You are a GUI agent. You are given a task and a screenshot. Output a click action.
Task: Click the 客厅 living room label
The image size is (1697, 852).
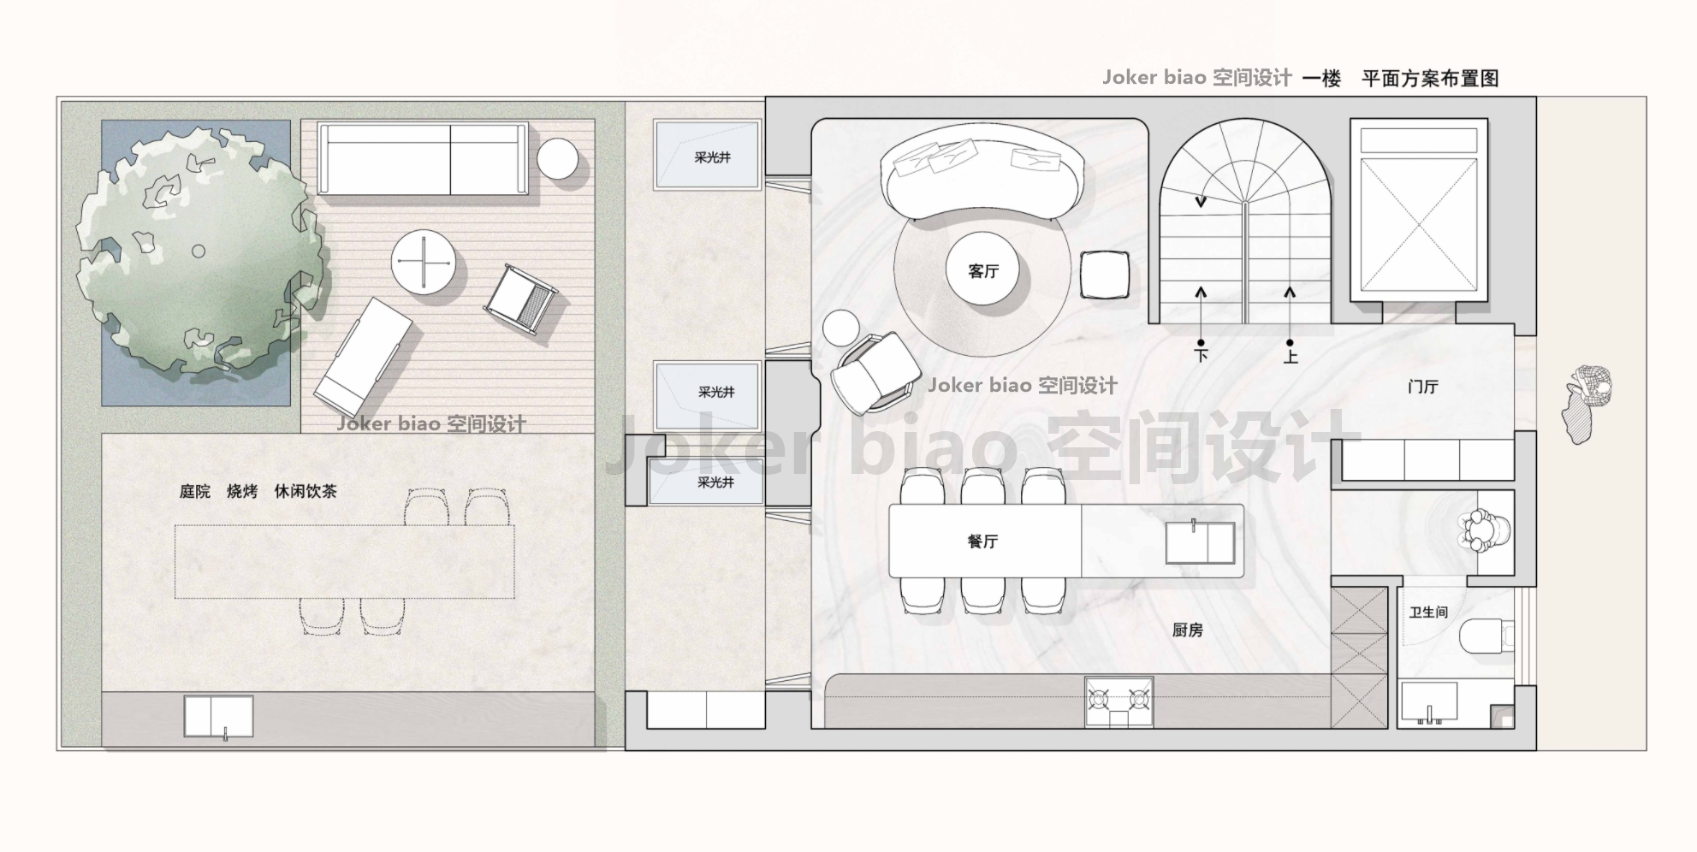click(x=983, y=271)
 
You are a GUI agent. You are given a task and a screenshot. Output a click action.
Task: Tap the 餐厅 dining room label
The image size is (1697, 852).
click(x=982, y=541)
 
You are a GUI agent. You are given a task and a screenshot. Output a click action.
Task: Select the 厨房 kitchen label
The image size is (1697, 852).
click(x=1187, y=630)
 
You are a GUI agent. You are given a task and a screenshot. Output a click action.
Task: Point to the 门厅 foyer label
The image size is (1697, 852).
click(x=1422, y=387)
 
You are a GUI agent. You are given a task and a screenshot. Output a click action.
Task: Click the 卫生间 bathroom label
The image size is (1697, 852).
click(x=1428, y=612)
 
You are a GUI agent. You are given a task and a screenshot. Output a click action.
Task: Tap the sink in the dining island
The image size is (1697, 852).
click(x=1200, y=542)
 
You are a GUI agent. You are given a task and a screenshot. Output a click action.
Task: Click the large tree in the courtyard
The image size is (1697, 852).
click(x=201, y=252)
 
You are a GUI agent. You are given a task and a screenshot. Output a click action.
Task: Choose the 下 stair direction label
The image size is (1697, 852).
click(x=1201, y=354)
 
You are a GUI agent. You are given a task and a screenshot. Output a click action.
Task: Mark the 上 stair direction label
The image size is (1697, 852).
click(x=1290, y=356)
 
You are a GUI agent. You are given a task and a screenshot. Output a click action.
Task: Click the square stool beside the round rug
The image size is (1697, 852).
click(x=1104, y=275)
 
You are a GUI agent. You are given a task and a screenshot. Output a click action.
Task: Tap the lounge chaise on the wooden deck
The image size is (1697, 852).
click(x=363, y=352)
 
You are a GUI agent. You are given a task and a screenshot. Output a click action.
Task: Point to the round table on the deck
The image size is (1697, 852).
click(x=423, y=262)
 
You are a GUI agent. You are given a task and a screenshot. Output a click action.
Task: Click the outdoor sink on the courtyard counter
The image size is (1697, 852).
click(x=219, y=717)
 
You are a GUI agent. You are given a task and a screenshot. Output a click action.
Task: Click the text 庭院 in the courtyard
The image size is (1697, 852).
click(x=194, y=492)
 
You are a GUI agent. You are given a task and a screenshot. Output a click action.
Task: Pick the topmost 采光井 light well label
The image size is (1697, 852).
click(x=712, y=157)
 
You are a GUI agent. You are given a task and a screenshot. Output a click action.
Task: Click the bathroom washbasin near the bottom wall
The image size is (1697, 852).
click(x=1428, y=702)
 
